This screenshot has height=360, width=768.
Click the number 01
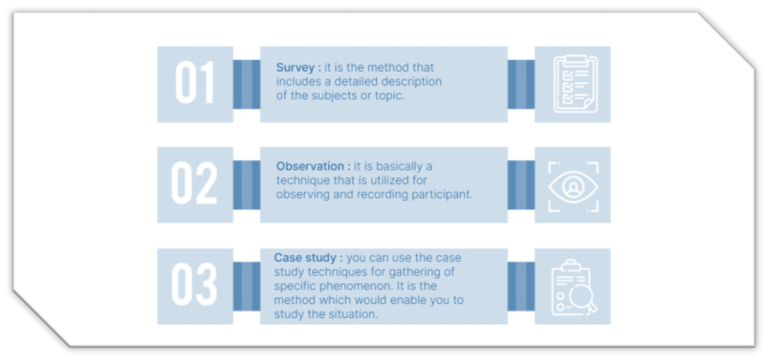[x=195, y=84]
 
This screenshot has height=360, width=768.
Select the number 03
[x=195, y=286]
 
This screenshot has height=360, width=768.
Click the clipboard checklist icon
[x=572, y=84]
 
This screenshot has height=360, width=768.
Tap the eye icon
[x=572, y=185]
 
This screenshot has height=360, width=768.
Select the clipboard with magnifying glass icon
[x=572, y=286]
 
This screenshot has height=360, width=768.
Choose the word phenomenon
[x=369, y=287]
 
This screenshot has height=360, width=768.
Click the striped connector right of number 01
[x=246, y=84]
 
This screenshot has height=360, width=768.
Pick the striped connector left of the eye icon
[x=521, y=185]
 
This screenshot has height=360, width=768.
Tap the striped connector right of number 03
[x=246, y=286]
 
